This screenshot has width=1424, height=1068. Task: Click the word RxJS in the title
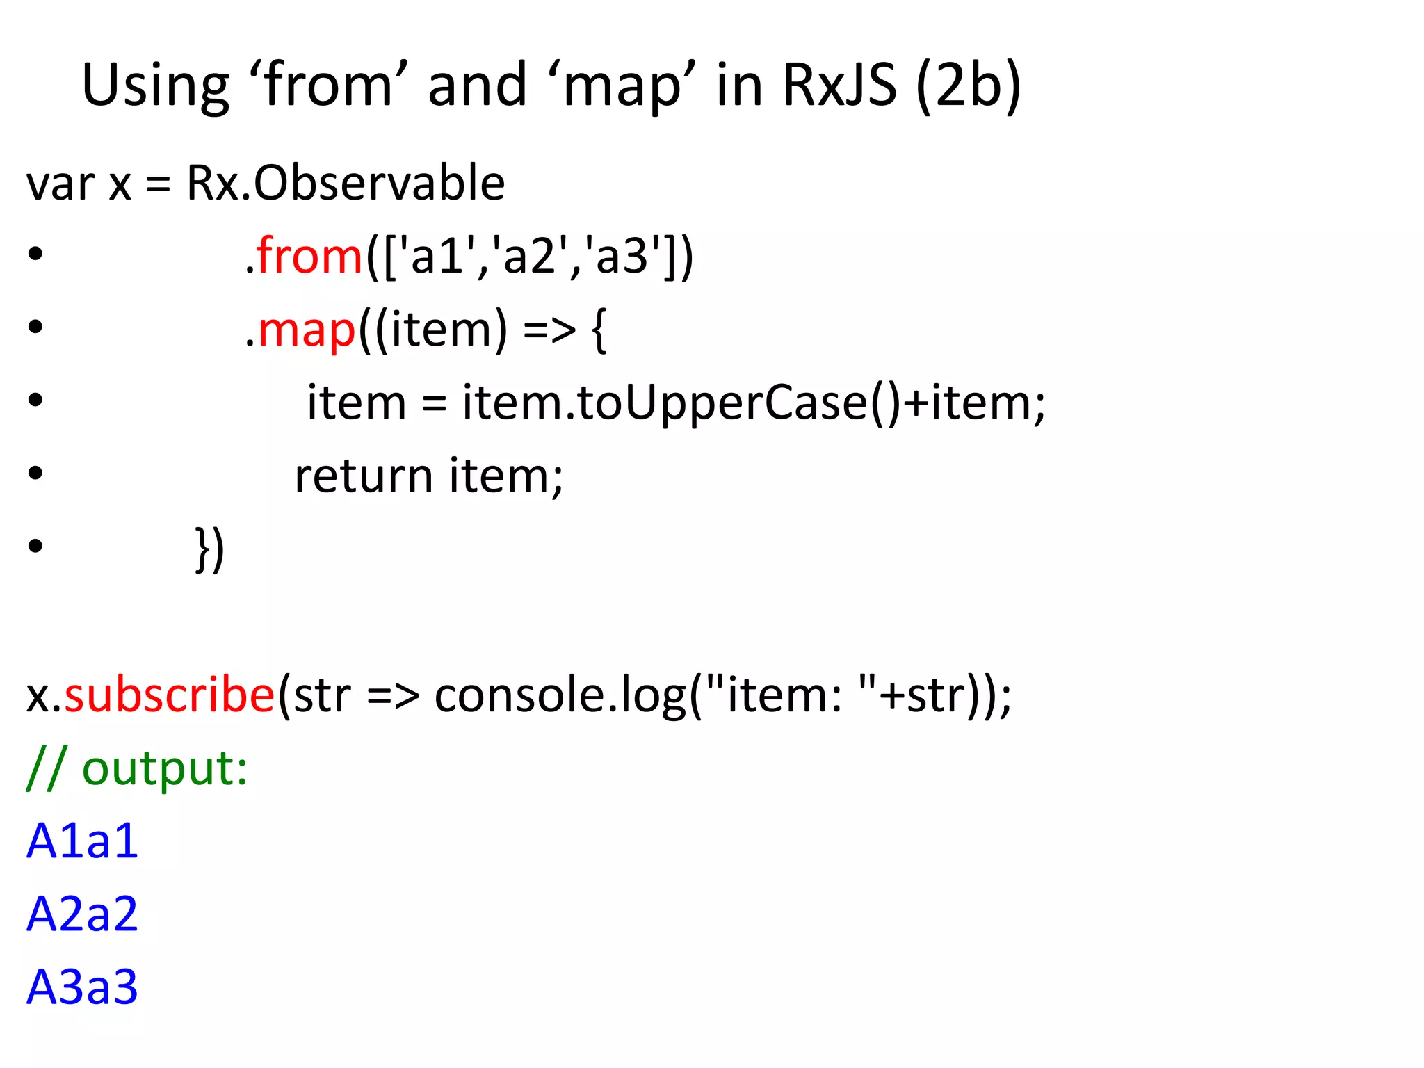(839, 85)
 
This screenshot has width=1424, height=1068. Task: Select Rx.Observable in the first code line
(346, 184)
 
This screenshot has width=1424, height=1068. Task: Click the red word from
(309, 256)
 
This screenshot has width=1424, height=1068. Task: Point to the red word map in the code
(307, 330)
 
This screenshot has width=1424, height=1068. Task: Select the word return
(364, 476)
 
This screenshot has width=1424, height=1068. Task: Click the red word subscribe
(170, 695)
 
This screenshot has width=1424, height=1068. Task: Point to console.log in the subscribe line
(560, 695)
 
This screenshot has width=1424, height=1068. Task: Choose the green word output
(165, 769)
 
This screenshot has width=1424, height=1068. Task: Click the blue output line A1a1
(82, 841)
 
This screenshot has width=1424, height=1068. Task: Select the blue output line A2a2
(82, 914)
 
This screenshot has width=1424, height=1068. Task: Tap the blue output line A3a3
(82, 987)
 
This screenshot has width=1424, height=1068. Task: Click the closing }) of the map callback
(209, 550)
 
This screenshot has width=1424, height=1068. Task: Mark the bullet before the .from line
(35, 255)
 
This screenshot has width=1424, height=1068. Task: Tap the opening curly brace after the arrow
(599, 331)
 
